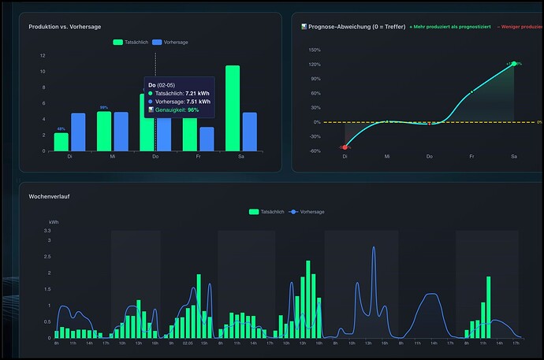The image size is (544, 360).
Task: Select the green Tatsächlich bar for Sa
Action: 233,108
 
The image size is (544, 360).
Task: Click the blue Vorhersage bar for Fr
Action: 207,139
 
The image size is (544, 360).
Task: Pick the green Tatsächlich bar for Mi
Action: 104,131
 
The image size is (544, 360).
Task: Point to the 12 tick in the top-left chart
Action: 43,56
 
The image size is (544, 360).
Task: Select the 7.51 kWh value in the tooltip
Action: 199,102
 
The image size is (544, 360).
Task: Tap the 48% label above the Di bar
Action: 60,128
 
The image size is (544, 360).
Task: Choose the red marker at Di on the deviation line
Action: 345,147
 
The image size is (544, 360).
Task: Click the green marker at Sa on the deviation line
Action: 514,64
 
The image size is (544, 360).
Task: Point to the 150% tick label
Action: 315,49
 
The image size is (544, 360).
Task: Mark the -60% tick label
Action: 315,150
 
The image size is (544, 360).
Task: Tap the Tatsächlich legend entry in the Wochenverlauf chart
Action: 266,212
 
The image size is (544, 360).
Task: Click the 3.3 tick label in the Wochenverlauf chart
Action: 47,231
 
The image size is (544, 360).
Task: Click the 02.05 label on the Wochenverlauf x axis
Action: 188,343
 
